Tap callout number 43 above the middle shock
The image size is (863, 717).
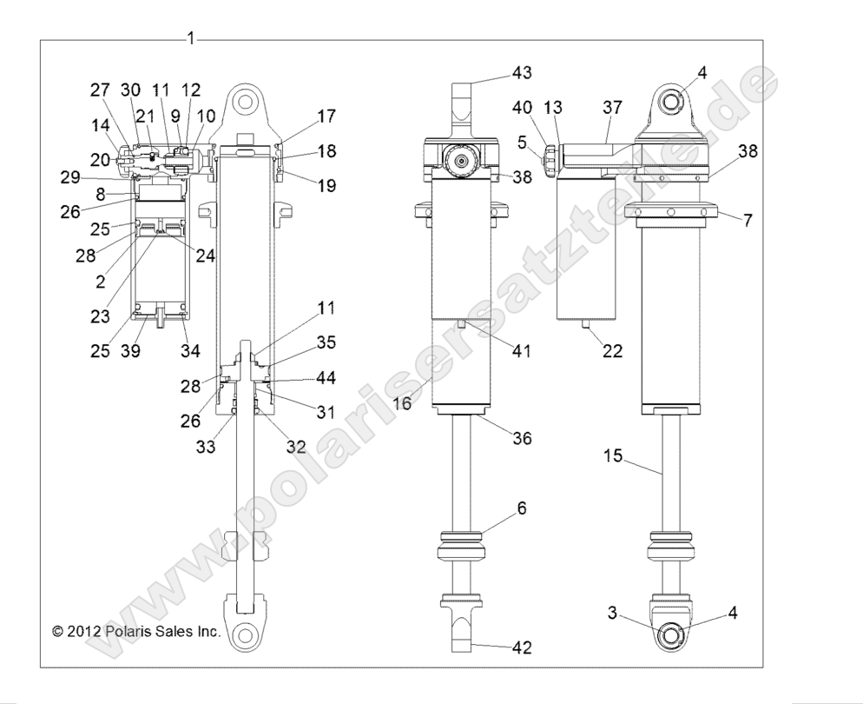522,71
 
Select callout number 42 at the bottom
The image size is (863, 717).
522,647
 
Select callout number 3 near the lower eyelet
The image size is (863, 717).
612,613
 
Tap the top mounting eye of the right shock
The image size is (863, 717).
675,103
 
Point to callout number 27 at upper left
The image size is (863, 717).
100,90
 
